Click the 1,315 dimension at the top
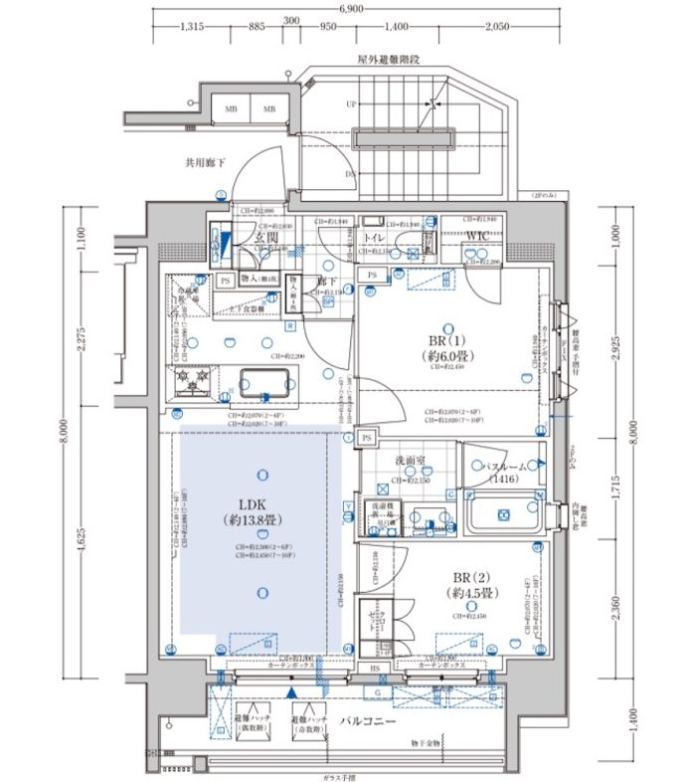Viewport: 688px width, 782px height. click(x=192, y=27)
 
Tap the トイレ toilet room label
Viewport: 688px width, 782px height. click(x=375, y=239)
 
